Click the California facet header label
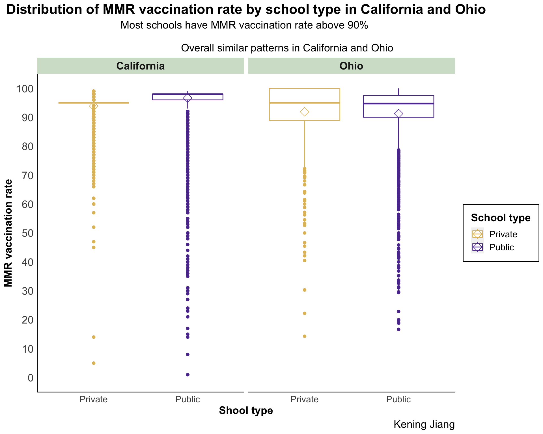tap(140, 66)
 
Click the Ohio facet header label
tap(351, 66)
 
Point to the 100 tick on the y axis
tap(25, 89)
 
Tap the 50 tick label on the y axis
tap(28, 233)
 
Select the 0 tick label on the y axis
tap(31, 378)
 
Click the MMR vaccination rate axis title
tap(8, 233)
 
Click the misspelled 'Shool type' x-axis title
tap(246, 411)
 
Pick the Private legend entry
tap(503, 234)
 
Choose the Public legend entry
tap(501, 247)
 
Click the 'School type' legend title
tap(501, 218)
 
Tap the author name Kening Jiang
tap(424, 424)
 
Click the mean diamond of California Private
tap(94, 106)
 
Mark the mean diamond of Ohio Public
tap(398, 114)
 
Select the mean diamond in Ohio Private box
tap(305, 112)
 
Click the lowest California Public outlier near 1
tap(188, 375)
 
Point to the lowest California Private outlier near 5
tap(94, 363)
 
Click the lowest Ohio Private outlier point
tap(305, 336)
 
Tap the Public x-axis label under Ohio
tap(398, 400)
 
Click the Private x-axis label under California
tap(94, 400)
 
